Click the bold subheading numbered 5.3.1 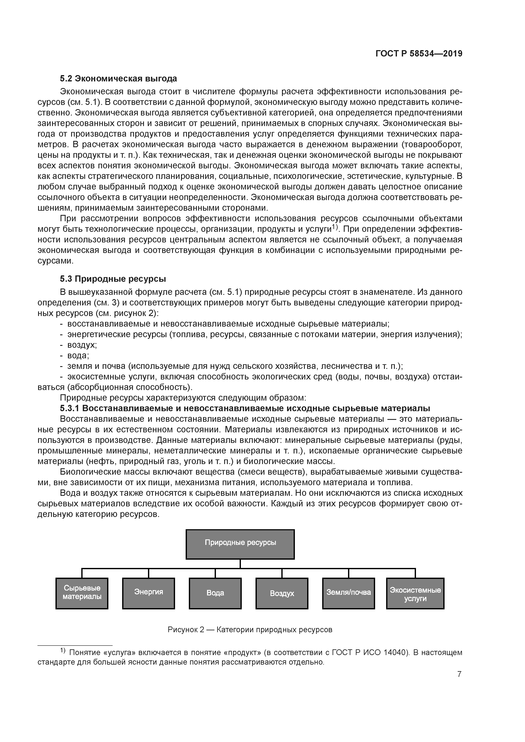pos(245,408)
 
